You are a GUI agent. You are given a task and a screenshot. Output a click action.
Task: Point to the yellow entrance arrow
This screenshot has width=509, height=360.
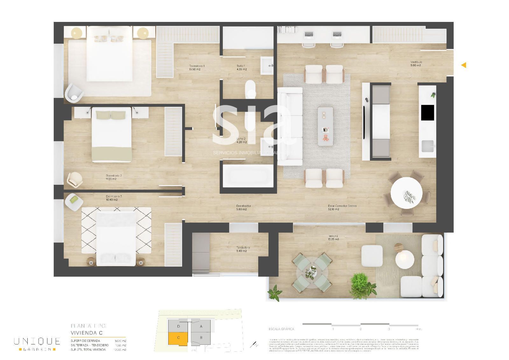[464, 65]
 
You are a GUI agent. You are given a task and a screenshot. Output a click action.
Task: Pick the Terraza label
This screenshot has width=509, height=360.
[333, 236]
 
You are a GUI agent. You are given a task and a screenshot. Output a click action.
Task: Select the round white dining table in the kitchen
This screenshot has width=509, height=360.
[406, 193]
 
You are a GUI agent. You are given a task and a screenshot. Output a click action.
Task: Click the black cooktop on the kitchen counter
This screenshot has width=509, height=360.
[428, 113]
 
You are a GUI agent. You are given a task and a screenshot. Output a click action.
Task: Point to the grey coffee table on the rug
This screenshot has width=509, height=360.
[325, 126]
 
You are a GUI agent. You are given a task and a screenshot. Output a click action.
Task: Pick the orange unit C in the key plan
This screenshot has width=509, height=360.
[178, 338]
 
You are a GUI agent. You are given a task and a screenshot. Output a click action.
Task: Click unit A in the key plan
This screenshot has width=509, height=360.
[201, 326]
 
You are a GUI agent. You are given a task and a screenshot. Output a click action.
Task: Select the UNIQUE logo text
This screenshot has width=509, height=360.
[37, 341]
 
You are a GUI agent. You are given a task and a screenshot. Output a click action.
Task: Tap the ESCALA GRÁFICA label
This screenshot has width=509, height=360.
[281, 329]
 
